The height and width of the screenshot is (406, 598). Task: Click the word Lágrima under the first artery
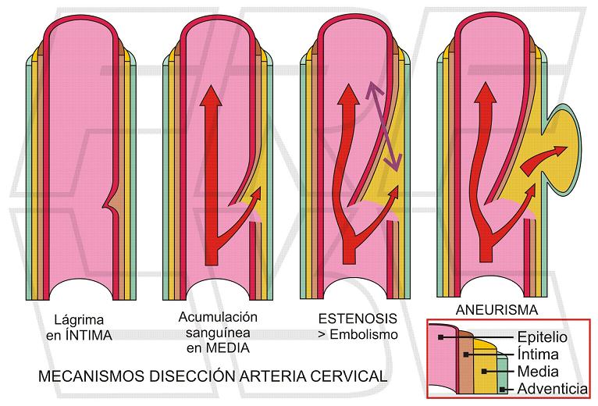78,319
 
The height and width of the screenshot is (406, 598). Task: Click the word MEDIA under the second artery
226,348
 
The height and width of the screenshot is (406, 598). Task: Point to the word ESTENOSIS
358,319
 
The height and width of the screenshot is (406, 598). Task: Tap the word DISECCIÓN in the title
187,376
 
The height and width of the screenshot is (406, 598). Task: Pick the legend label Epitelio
543,338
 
